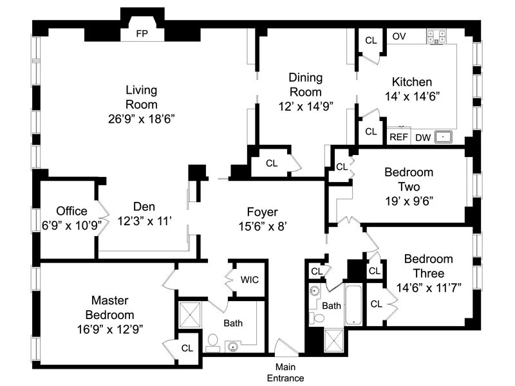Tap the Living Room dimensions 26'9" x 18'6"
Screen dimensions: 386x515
[142, 118]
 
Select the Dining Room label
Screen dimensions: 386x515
[304, 84]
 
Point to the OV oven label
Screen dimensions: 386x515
[399, 37]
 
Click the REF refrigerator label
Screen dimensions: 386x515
[398, 137]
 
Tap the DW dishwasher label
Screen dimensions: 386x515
[422, 137]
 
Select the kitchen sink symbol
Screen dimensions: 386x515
[444, 136]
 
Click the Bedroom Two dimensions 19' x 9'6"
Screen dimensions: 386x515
[408, 200]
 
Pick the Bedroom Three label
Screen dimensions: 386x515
[429, 266]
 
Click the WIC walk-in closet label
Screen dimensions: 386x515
[250, 280]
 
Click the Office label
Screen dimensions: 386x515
[71, 211]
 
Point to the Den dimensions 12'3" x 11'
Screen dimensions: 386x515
[145, 221]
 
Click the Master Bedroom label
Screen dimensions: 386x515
[113, 308]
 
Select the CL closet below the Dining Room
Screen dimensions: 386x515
[272, 163]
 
